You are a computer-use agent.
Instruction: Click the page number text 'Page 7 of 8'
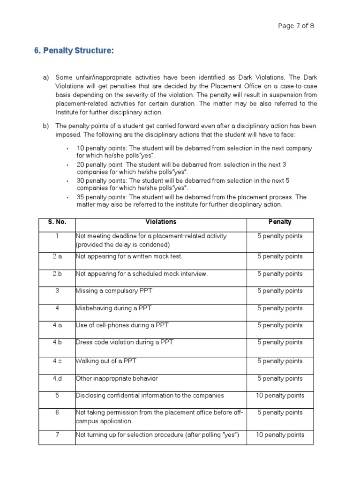pyautogui.click(x=296, y=26)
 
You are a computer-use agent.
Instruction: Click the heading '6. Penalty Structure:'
pyautogui.click(x=74, y=51)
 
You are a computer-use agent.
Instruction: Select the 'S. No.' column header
pyautogui.click(x=57, y=222)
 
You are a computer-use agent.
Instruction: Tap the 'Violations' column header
pyautogui.click(x=161, y=222)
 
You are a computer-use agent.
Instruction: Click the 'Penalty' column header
pyautogui.click(x=280, y=222)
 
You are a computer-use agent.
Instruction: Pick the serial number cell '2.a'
pyautogui.click(x=57, y=257)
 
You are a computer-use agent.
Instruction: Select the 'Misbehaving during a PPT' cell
pyautogui.click(x=114, y=308)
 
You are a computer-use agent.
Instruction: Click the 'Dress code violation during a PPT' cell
pyautogui.click(x=124, y=342)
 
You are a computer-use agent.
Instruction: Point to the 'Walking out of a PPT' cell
pyautogui.click(x=106, y=361)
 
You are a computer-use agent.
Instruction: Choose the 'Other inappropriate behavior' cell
pyautogui.click(x=117, y=379)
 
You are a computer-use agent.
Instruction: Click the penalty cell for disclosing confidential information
pyautogui.click(x=280, y=396)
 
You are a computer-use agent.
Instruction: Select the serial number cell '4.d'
pyautogui.click(x=57, y=379)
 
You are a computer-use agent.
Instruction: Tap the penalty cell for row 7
pyautogui.click(x=280, y=435)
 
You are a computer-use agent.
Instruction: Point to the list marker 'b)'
pyautogui.click(x=46, y=126)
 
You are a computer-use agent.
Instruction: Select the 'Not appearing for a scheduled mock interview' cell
pyautogui.click(x=142, y=274)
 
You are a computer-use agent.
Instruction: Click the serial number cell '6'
pyautogui.click(x=57, y=413)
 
